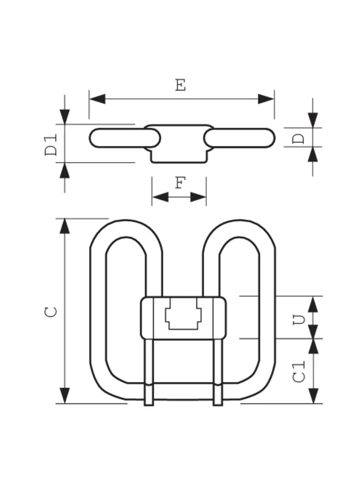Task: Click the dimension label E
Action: point(180,85)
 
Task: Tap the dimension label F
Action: point(180,183)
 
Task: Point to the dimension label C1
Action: point(299,372)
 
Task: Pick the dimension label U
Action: point(299,320)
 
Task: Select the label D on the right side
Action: point(299,138)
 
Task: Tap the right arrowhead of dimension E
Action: point(266,99)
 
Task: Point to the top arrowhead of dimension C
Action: point(65,227)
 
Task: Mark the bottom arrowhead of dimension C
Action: point(65,395)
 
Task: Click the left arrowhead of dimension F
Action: point(160,197)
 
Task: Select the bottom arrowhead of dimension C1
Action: point(313,395)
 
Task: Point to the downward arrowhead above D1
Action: point(65,117)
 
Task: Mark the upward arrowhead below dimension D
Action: point(313,155)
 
